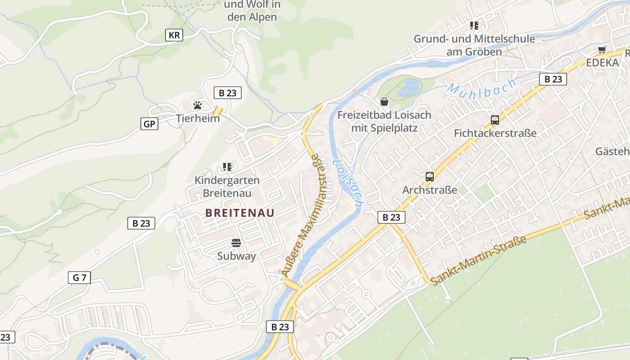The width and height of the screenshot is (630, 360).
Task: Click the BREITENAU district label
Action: pyautogui.click(x=240, y=213)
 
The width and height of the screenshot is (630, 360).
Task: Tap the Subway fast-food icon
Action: pyautogui.click(x=236, y=243)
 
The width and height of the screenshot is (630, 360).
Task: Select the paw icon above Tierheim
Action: pyautogui.click(x=198, y=105)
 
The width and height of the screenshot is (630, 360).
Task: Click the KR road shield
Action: pyautogui.click(x=174, y=35)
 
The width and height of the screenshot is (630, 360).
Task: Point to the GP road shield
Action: pyautogui.click(x=149, y=124)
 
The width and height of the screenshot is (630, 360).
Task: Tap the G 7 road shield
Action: pyautogui.click(x=79, y=278)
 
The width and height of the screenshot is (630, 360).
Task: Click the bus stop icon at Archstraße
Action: pyautogui.click(x=429, y=177)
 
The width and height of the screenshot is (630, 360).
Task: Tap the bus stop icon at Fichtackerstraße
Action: pyautogui.click(x=495, y=120)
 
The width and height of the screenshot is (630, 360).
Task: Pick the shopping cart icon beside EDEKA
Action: pyautogui.click(x=602, y=50)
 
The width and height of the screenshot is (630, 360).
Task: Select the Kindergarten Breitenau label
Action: pyautogui.click(x=227, y=186)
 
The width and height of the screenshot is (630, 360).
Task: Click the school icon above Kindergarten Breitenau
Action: pyautogui.click(x=227, y=167)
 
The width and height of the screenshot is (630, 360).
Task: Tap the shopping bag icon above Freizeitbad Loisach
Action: pyautogui.click(x=384, y=102)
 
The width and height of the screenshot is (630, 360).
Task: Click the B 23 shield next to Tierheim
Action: pyautogui.click(x=227, y=93)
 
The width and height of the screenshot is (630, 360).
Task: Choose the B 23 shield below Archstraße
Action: pyautogui.click(x=391, y=217)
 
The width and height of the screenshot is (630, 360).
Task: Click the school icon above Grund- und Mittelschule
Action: pyautogui.click(x=474, y=26)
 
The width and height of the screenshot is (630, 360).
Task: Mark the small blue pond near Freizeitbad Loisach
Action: pyautogui.click(x=409, y=86)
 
